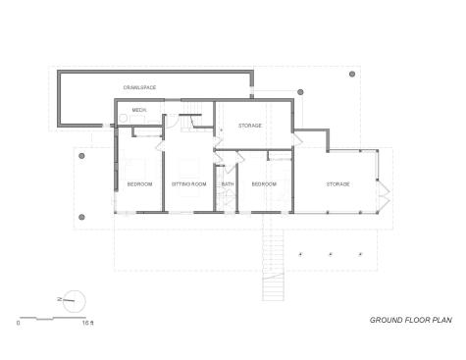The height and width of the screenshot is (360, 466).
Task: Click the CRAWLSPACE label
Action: pos(139,87)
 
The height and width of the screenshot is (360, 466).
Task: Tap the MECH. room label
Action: pos(139,110)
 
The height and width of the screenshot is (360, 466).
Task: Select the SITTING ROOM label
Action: pos(189,184)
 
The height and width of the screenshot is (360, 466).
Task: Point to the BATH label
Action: pos(228,184)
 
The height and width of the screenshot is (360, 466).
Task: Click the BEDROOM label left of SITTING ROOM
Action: pos(139,184)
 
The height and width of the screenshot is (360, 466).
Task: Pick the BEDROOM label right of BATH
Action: pos(264,184)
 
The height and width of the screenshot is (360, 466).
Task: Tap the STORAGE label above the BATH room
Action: pos(250,126)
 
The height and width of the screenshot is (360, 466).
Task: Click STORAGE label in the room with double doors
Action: pos(337,184)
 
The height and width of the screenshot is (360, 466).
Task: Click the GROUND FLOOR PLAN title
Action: pos(411,320)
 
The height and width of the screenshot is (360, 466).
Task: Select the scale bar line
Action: pos(53,318)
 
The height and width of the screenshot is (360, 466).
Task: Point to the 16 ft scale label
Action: pos(88,323)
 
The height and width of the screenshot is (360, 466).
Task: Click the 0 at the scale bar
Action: pos(18,323)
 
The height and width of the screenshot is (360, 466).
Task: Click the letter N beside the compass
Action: pos(60,299)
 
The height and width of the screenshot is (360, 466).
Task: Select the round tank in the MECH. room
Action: pos(123,119)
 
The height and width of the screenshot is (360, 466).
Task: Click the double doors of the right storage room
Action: pos(384,195)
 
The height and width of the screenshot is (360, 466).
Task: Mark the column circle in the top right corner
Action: pos(352,74)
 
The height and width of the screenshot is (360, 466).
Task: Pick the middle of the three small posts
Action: pos(331,254)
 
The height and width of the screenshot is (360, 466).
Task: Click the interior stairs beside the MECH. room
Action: pos(191,117)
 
